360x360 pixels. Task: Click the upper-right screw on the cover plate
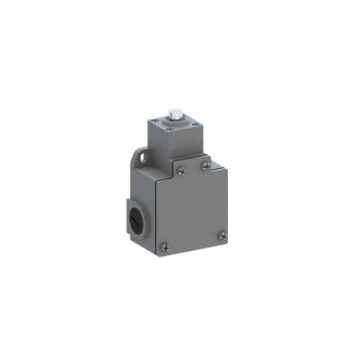coord(205,166)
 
